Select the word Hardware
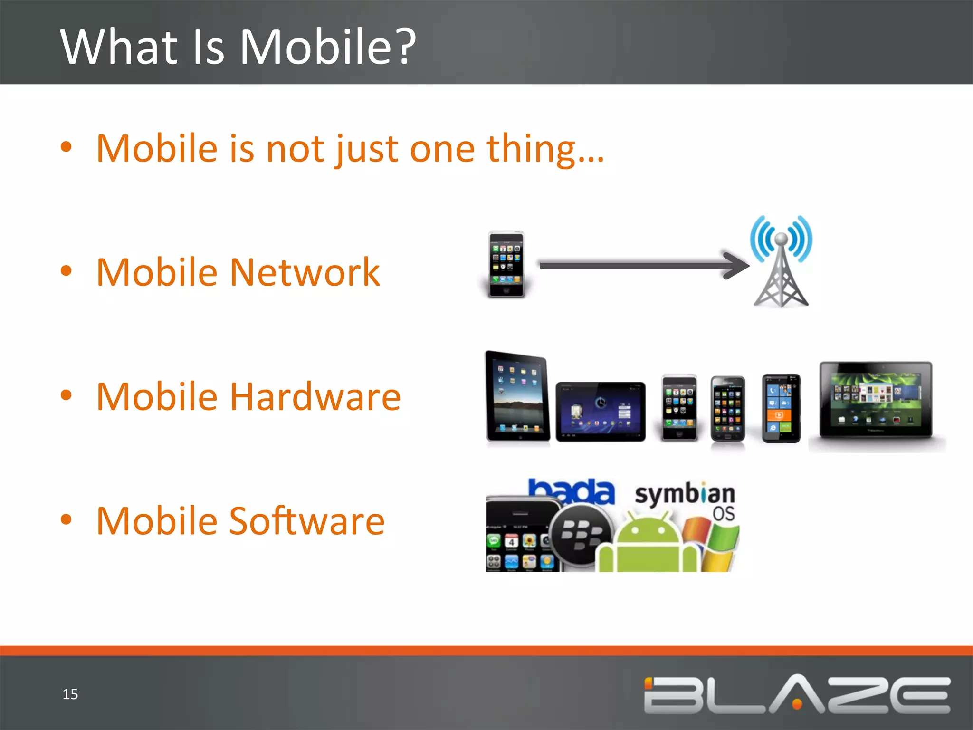coord(315,396)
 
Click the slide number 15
coord(70,694)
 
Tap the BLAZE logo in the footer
coord(797,694)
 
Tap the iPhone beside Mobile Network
coord(506,264)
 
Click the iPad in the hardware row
coord(517,396)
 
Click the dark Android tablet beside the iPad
coord(601,411)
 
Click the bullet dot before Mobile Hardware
coord(66,395)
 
